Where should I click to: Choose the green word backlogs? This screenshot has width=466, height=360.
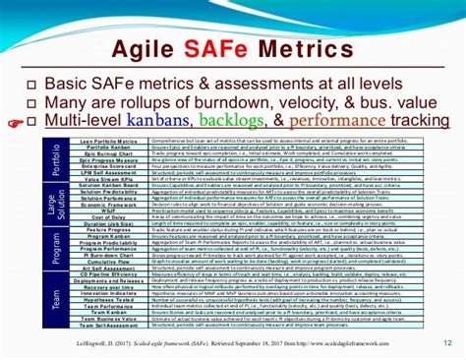click(x=230, y=121)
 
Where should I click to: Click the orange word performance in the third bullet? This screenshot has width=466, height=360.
click(x=331, y=121)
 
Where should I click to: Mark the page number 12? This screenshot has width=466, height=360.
click(x=447, y=342)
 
